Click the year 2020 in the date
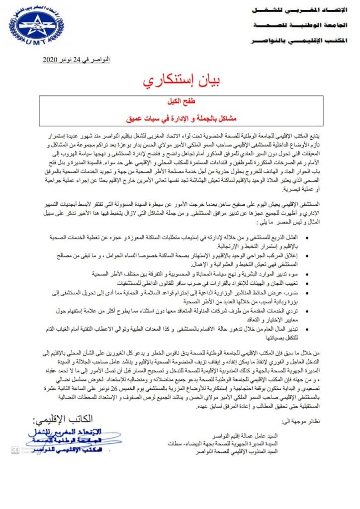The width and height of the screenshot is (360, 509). click(52, 60)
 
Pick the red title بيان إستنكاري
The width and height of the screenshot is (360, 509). click(181, 82)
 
